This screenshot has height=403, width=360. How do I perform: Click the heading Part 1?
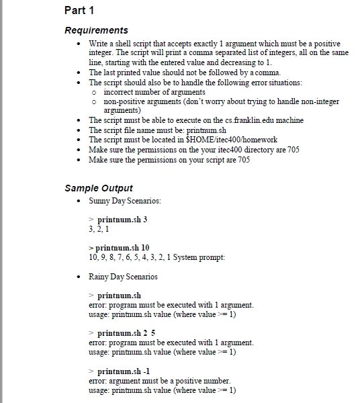point(79,10)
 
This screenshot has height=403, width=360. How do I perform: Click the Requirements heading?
point(96,30)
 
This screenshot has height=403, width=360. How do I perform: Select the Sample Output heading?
point(99,188)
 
